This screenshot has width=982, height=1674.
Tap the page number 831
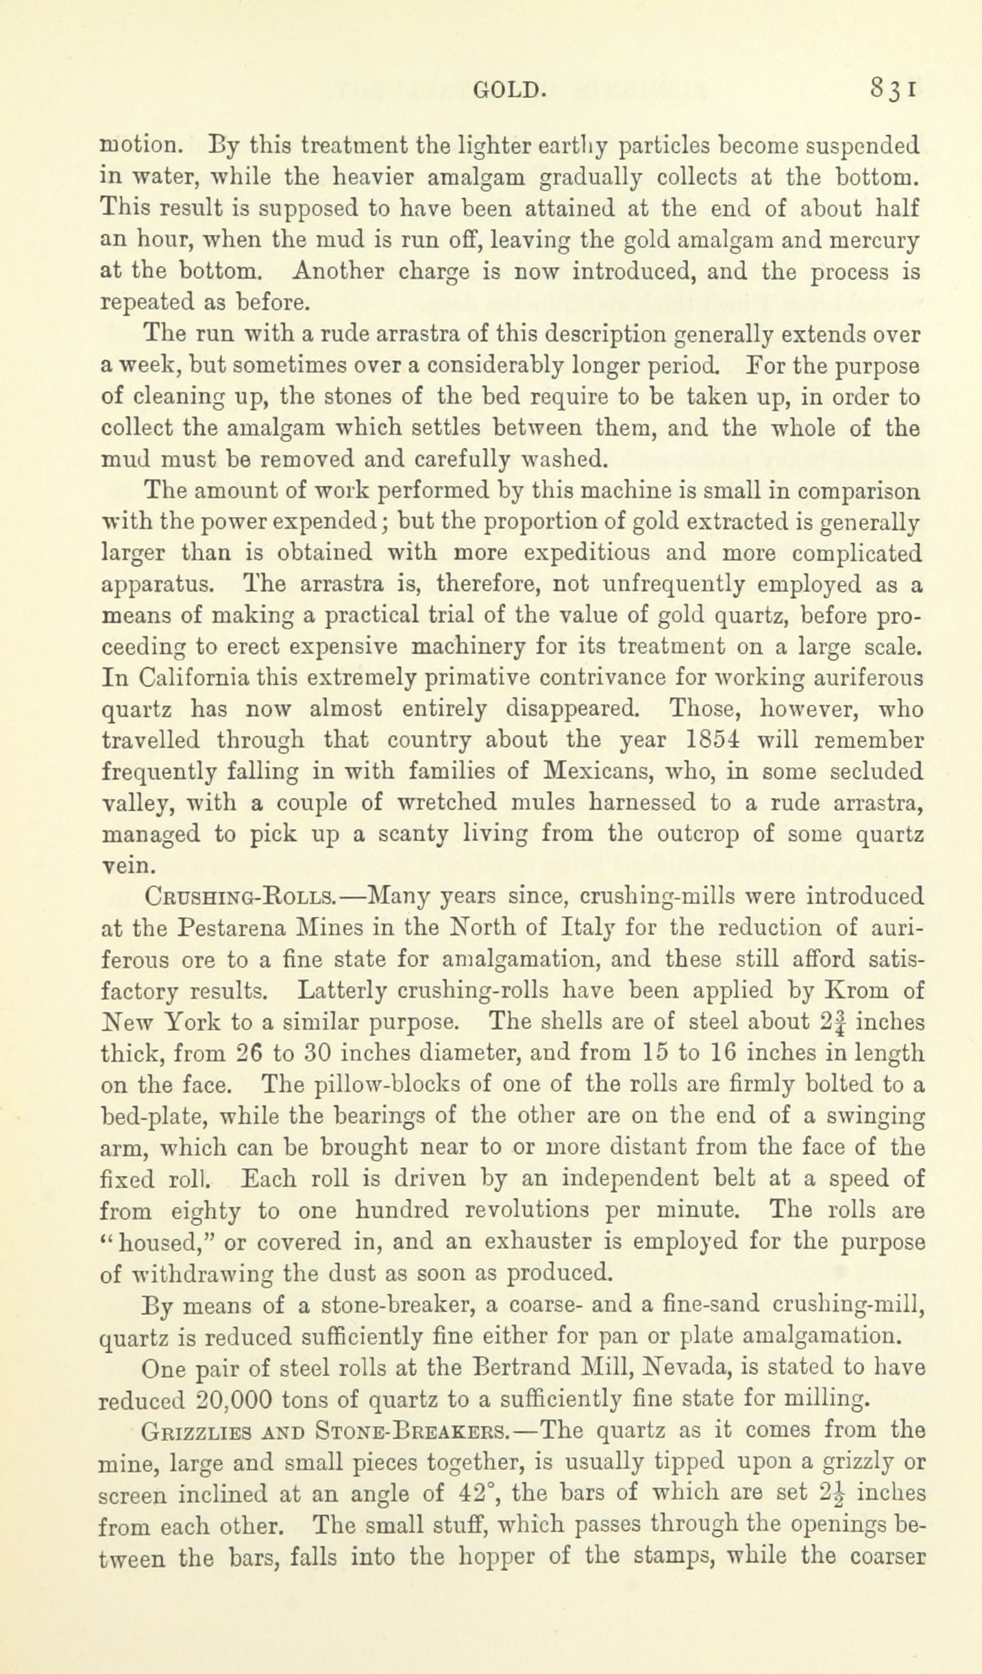[893, 90]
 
